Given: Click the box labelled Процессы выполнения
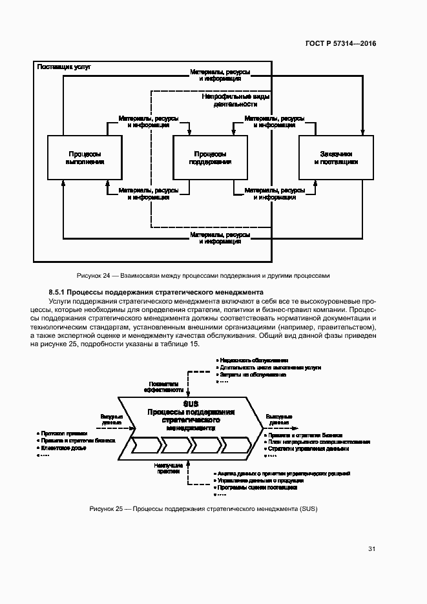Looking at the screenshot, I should pyautogui.click(x=85, y=158).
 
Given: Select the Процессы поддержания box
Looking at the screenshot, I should pyautogui.click(x=210, y=158).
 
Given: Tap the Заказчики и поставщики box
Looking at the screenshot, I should pyautogui.click(x=335, y=158).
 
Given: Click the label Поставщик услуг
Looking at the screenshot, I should pyautogui.click(x=65, y=67).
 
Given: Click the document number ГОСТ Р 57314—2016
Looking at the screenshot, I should pyautogui.click(x=341, y=43).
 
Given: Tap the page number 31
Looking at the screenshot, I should pyautogui.click(x=371, y=549).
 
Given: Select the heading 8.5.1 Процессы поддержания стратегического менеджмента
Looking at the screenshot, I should pyautogui.click(x=156, y=292).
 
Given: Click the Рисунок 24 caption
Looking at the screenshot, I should pyautogui.click(x=203, y=275).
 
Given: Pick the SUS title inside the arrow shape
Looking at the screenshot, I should pyautogui.click(x=190, y=403).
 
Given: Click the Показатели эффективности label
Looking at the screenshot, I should pyautogui.click(x=165, y=386).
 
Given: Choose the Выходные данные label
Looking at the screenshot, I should pyautogui.click(x=278, y=420).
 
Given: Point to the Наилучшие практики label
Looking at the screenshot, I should pyautogui.click(x=167, y=468).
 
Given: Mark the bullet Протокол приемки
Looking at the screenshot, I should pyautogui.click(x=63, y=433).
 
